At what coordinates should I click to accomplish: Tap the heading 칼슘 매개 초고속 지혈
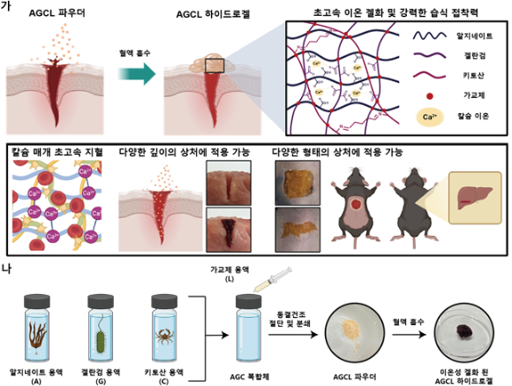[58, 151]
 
